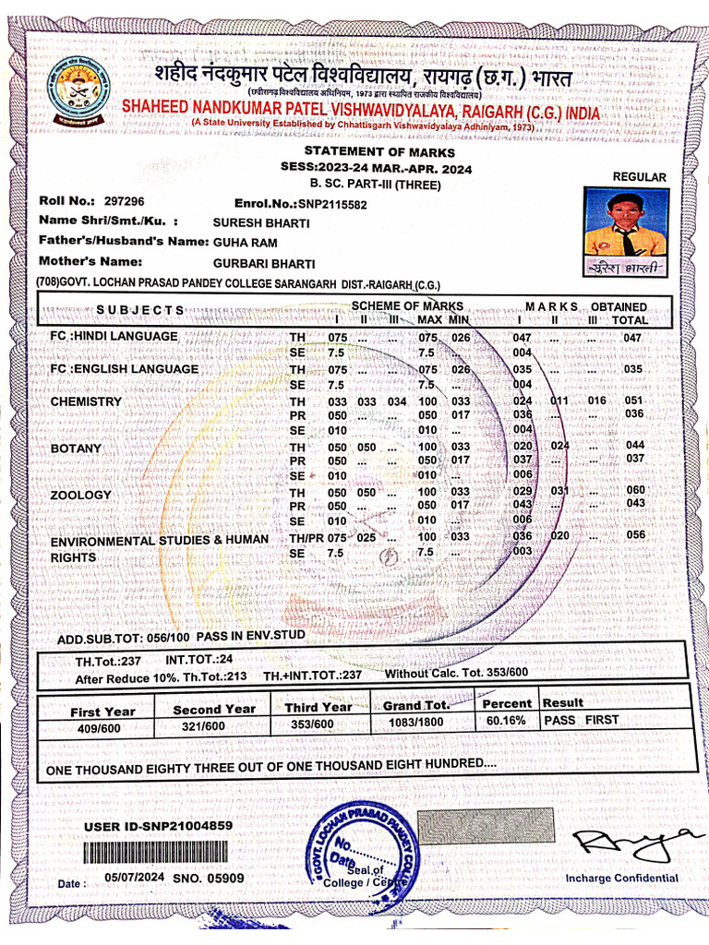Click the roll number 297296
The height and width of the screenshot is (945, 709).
click(124, 201)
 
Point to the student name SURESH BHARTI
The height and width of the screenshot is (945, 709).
click(248, 223)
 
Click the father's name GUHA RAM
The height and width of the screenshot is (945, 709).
click(238, 242)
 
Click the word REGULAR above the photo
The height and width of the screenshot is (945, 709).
click(640, 176)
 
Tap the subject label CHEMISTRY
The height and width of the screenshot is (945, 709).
click(86, 402)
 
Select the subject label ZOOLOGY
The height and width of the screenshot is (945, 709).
click(80, 496)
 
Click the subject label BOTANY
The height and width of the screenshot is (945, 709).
click(76, 449)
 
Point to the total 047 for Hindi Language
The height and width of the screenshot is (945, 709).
click(632, 338)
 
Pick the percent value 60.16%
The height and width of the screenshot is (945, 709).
click(506, 721)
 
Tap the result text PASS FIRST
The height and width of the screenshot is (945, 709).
click(582, 720)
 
